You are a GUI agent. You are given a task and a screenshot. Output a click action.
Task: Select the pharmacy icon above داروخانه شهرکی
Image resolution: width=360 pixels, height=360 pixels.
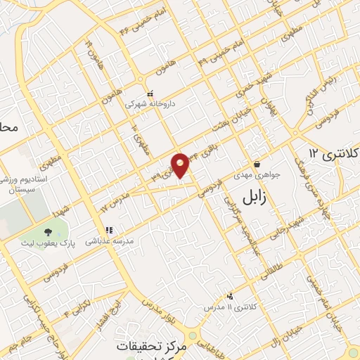(x=149, y=94)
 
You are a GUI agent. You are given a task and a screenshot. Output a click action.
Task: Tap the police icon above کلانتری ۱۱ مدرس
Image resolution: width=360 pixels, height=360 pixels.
(x=230, y=297)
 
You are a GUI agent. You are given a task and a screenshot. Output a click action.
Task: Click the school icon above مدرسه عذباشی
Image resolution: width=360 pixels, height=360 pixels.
(x=109, y=229)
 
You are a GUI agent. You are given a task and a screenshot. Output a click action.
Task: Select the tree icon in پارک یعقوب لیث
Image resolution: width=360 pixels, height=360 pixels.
(x=48, y=231)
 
